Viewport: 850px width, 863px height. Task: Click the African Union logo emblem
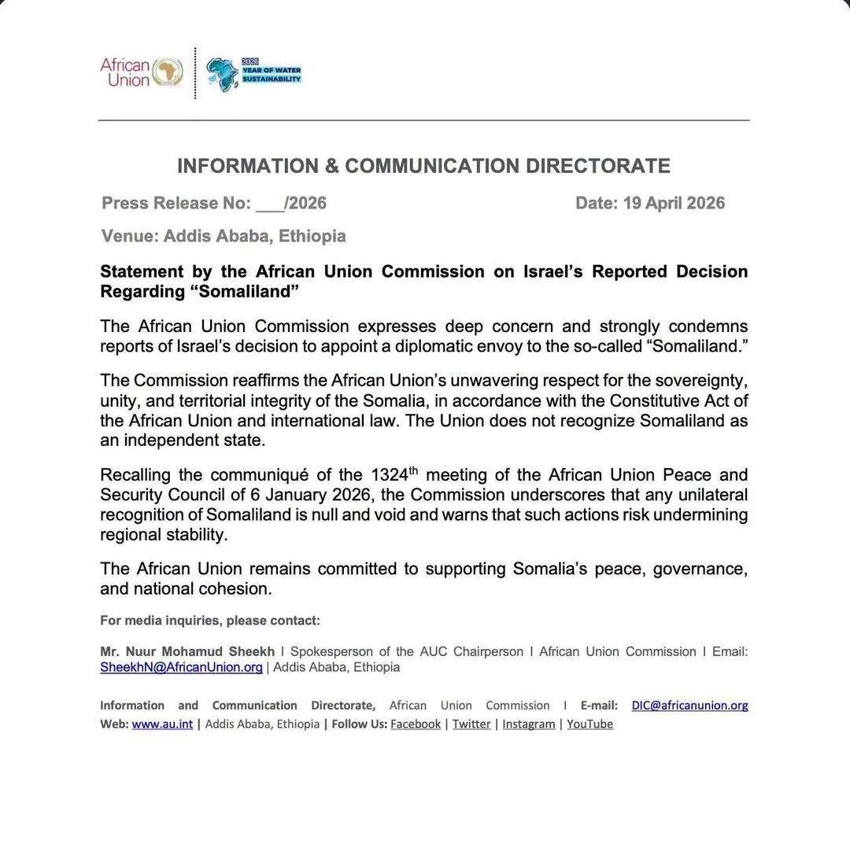167,72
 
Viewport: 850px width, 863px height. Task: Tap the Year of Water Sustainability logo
253,74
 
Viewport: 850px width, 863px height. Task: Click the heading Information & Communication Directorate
423,166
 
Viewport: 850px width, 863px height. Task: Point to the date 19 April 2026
674,203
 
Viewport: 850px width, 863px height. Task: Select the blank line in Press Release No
270,204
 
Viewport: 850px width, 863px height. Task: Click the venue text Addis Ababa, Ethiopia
254,236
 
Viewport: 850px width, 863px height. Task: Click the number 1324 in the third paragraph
389,475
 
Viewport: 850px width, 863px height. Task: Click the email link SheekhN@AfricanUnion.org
181,667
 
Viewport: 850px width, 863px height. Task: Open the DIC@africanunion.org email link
689,705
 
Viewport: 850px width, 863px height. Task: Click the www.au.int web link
162,724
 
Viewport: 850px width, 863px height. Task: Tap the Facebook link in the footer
415,724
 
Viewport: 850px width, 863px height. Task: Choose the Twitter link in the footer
471,724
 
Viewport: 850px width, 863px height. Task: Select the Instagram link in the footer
528,724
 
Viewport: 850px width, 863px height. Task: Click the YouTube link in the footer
589,724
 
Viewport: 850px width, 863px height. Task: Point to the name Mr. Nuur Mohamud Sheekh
187,651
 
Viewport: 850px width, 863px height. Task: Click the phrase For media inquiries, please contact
210,621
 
